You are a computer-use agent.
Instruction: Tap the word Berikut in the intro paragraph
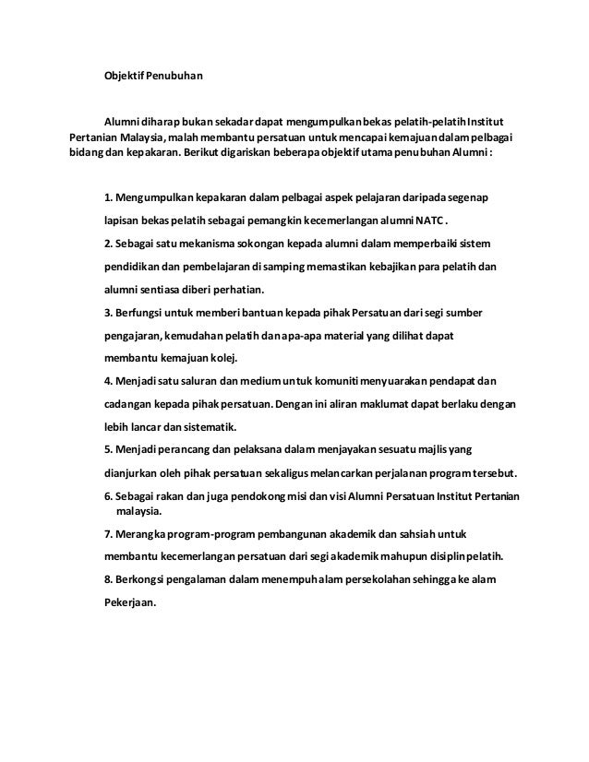coord(206,154)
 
